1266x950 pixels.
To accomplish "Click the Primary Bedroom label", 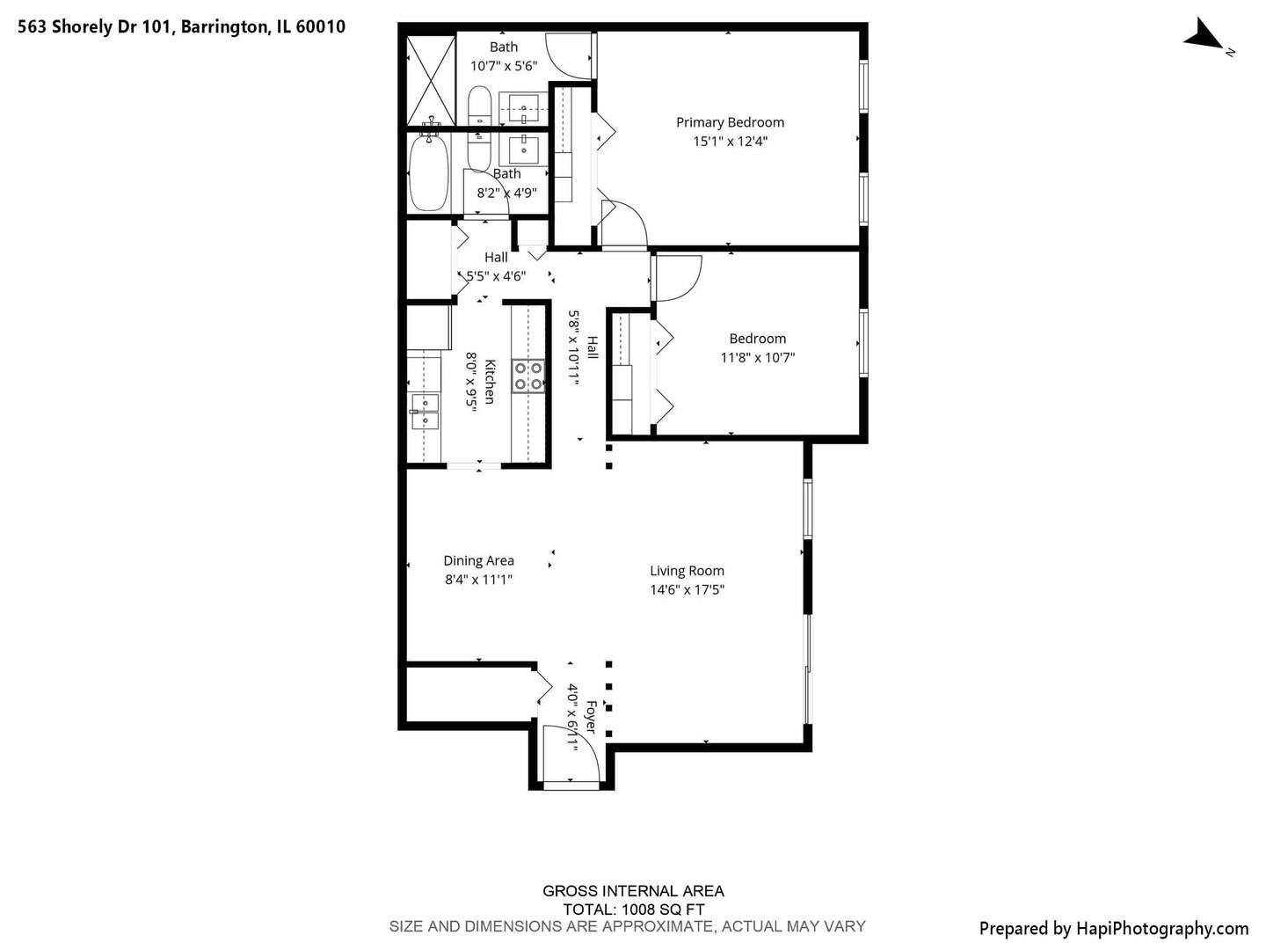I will (730, 122).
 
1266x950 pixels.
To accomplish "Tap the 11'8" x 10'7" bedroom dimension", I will (757, 357).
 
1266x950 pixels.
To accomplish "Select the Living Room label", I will (687, 571).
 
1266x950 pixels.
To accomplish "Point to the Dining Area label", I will (478, 560).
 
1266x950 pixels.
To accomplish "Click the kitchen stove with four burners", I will (527, 376).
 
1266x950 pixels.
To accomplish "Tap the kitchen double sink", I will (425, 412).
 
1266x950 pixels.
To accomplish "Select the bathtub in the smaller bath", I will (429, 172).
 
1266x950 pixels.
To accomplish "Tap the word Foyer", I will (591, 717).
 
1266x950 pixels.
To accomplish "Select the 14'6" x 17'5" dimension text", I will (687, 590).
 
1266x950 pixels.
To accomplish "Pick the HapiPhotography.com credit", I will (1113, 928).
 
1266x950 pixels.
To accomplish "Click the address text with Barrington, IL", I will (182, 26).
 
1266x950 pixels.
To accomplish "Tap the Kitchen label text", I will (490, 381).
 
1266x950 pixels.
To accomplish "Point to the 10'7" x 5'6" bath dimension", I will (503, 66).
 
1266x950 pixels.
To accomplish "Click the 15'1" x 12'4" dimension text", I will (730, 142).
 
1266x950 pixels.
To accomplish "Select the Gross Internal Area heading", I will (633, 891).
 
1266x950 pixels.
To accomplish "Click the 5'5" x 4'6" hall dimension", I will (496, 276).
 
